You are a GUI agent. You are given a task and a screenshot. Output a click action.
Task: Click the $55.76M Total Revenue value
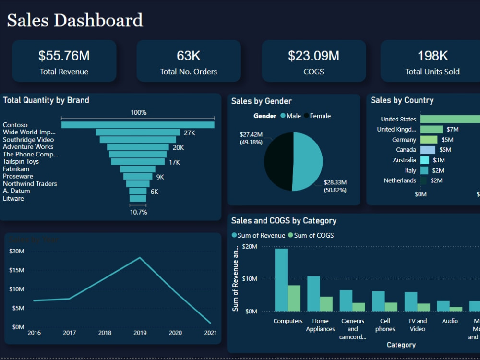tap(64, 56)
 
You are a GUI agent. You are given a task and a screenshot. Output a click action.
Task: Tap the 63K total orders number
tap(188, 56)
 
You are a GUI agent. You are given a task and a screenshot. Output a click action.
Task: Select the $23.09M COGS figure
tap(313, 56)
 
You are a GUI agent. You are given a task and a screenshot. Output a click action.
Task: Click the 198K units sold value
tap(432, 56)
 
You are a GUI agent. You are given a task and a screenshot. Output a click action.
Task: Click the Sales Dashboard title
tap(75, 21)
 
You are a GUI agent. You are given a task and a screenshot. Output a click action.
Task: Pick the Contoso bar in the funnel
tap(138, 125)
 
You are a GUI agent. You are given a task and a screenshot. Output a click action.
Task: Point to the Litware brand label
tap(13, 198)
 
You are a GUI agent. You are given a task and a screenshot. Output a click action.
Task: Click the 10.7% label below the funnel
tap(138, 212)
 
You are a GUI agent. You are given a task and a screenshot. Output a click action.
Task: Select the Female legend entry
tap(320, 116)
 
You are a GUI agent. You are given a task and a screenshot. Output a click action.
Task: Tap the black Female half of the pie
tap(277, 161)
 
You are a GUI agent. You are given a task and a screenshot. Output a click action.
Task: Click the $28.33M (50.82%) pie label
tap(335, 186)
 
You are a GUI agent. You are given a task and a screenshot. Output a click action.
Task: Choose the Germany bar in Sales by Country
tap(429, 140)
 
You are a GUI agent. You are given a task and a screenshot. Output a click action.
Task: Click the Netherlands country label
tap(400, 180)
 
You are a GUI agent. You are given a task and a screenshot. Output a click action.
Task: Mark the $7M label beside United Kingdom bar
tap(452, 130)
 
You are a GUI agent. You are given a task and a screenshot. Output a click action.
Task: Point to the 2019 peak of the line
tap(140, 258)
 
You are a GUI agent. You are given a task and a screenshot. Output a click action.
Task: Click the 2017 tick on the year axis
tap(69, 333)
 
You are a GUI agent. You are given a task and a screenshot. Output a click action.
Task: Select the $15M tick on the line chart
tap(16, 270)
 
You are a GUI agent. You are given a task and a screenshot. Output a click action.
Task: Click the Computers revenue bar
tap(281, 280)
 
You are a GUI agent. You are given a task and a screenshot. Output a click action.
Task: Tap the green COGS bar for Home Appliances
tap(326, 304)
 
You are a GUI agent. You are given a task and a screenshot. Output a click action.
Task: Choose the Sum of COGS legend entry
tap(313, 235)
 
